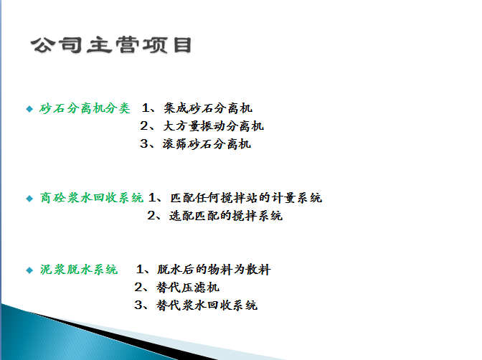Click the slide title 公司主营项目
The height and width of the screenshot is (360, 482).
tap(110, 45)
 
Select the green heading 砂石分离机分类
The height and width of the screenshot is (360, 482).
tap(85, 108)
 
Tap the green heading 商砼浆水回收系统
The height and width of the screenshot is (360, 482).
tap(91, 197)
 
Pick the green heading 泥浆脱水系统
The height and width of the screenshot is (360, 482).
tap(78, 270)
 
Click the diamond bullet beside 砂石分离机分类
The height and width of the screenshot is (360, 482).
tap(29, 109)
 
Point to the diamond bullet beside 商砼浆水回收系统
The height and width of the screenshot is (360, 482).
tap(29, 198)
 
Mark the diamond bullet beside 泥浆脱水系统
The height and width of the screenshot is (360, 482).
tap(29, 270)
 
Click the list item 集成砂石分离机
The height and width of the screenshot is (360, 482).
tap(208, 108)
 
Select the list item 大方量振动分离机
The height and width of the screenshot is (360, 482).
tap(214, 126)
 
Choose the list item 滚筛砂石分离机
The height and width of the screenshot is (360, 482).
tap(208, 143)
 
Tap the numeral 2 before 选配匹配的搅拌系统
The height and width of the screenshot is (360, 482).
tap(151, 215)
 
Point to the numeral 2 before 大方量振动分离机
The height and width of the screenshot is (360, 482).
tap(143, 126)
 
